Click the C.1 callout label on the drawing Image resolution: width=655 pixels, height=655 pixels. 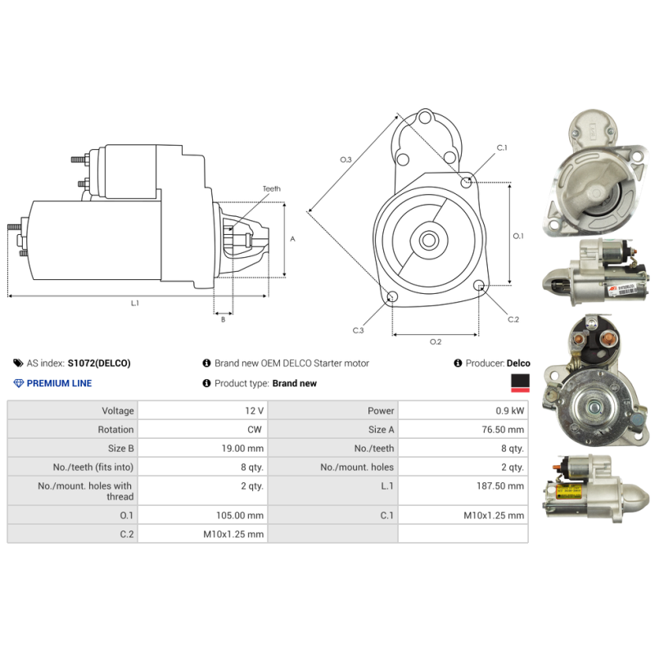pos(502,147)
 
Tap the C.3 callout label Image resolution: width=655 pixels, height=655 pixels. pos(358,331)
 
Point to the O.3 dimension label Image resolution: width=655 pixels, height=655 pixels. pos(346,160)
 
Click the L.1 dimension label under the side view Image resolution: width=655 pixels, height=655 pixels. pos(134,303)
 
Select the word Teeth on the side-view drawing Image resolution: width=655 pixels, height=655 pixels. pos(272,189)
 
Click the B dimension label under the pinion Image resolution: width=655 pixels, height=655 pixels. pos(223,319)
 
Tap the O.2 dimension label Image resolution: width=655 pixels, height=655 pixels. pos(436,341)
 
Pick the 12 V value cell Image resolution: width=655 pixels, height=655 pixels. pos(255,411)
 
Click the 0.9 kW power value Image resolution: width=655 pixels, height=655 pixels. pos(509,411)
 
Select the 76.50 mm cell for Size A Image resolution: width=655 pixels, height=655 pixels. pos(503,429)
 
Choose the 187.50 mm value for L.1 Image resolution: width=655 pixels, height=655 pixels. pos(500,486)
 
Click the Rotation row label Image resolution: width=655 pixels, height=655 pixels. pos(115,429)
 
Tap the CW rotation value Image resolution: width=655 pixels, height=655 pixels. pos(255,429)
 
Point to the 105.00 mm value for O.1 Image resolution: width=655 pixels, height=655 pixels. pos(240,516)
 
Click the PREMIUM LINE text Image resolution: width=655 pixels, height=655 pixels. pos(59,383)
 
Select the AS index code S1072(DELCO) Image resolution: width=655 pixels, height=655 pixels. pos(99,363)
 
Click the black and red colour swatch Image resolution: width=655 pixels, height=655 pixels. pos(520,383)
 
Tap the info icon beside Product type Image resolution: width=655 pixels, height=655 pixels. pos(206,383)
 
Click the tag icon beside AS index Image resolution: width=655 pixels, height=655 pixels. pos(18,363)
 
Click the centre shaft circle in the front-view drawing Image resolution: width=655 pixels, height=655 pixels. pos(428,240)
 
